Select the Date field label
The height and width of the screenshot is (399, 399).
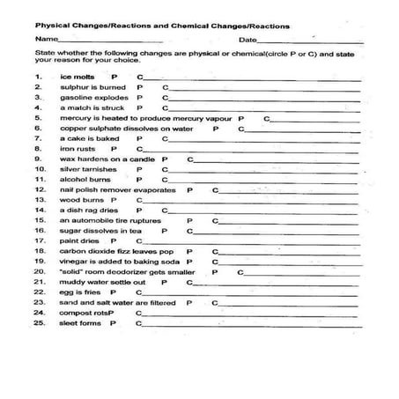click(248, 41)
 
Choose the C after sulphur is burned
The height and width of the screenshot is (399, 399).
click(166, 88)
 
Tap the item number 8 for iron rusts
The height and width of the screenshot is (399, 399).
click(38, 148)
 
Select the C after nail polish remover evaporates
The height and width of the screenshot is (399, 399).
click(215, 188)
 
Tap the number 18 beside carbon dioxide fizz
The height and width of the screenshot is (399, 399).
click(40, 251)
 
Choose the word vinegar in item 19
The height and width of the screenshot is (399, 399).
click(74, 262)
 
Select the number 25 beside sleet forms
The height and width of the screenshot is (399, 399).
click(40, 322)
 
